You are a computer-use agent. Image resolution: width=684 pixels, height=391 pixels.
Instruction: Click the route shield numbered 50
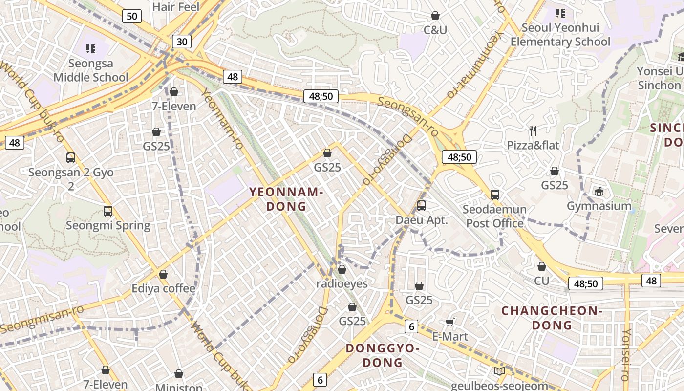click(131, 16)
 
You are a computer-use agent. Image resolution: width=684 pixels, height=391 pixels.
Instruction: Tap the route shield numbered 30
click(181, 42)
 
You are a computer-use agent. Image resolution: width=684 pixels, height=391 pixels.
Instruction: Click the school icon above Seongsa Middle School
click(90, 48)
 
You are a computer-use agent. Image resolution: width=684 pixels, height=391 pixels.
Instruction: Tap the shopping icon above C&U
click(435, 16)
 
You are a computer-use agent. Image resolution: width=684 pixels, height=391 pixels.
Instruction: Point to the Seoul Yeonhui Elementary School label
click(560, 35)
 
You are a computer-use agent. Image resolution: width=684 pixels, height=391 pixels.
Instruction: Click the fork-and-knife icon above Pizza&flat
click(533, 130)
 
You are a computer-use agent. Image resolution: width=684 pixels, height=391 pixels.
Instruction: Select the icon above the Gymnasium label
click(599, 191)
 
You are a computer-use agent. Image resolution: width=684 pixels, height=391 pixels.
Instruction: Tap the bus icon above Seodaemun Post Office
click(494, 195)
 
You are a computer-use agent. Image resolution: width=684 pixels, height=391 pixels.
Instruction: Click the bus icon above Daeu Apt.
click(421, 205)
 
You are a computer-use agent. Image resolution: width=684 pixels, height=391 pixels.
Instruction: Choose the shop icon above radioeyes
click(342, 269)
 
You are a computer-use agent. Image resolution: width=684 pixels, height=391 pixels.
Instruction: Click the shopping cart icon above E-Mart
click(450, 322)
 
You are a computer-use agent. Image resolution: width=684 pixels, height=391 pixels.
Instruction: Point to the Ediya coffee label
click(163, 288)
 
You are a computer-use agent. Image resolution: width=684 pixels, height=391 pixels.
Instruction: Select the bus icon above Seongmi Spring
click(108, 211)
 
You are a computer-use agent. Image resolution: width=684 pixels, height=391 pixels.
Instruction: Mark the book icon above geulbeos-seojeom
click(499, 371)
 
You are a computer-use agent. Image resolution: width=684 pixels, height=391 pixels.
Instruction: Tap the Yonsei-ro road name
click(626, 354)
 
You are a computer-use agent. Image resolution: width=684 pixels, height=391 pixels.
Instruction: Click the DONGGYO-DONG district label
click(383, 355)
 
